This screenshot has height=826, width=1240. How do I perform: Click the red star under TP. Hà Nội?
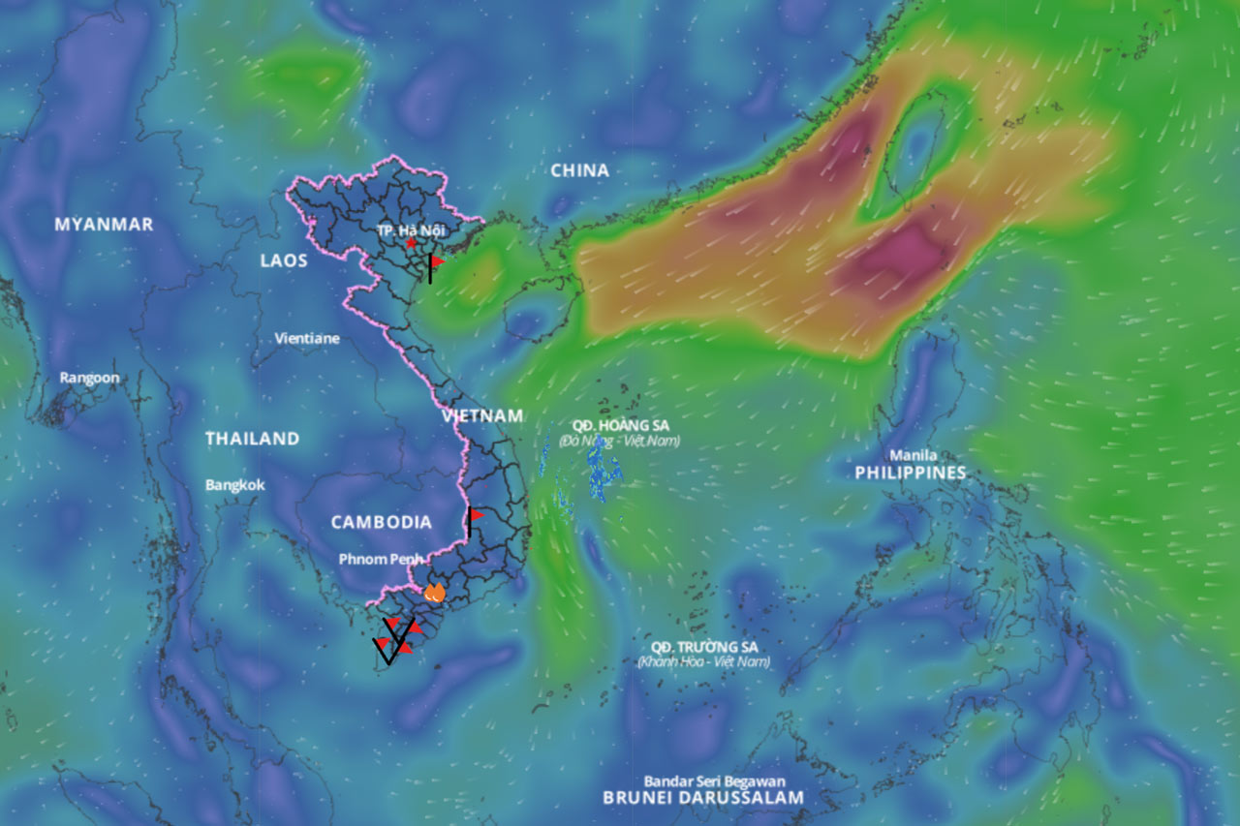point(411,243)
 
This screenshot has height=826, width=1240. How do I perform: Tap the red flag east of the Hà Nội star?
point(436,262)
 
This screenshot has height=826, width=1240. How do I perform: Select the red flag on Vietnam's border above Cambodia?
point(475,516)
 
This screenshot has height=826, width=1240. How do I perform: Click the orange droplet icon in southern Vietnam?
point(434,593)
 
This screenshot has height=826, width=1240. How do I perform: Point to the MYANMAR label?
point(104,225)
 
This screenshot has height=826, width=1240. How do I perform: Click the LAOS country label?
point(284,260)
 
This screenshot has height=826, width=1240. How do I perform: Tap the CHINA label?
point(580,171)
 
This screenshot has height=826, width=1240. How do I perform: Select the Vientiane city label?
point(307,339)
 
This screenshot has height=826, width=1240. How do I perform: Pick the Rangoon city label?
point(89,378)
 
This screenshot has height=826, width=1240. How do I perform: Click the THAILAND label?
point(252,439)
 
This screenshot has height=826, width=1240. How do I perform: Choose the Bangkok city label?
point(234,484)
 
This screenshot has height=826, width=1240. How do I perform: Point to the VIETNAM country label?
point(482,416)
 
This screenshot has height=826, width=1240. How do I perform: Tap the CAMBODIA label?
point(382,523)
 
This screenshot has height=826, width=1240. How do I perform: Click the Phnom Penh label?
point(381,559)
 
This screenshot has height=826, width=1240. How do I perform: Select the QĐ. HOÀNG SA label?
point(620,425)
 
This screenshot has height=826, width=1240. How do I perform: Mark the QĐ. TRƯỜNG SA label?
point(703,647)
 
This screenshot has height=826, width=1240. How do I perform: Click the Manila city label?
point(914,455)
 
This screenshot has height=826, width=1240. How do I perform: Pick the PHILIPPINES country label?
point(911,473)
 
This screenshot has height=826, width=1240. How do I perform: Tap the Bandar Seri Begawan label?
point(715,780)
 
